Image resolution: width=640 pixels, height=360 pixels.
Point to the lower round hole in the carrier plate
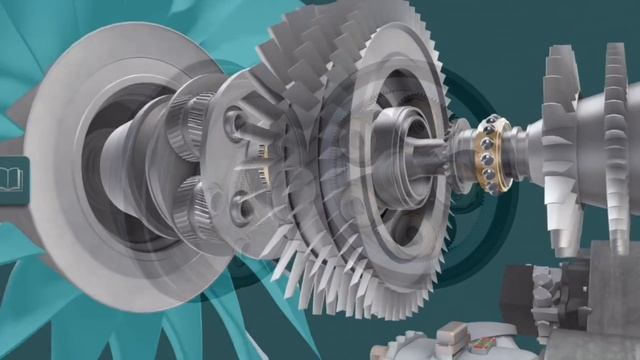point(239,207)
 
